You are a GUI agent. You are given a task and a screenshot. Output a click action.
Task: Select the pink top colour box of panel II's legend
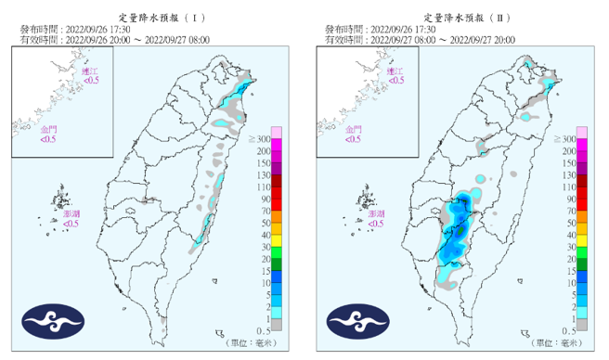582,131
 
